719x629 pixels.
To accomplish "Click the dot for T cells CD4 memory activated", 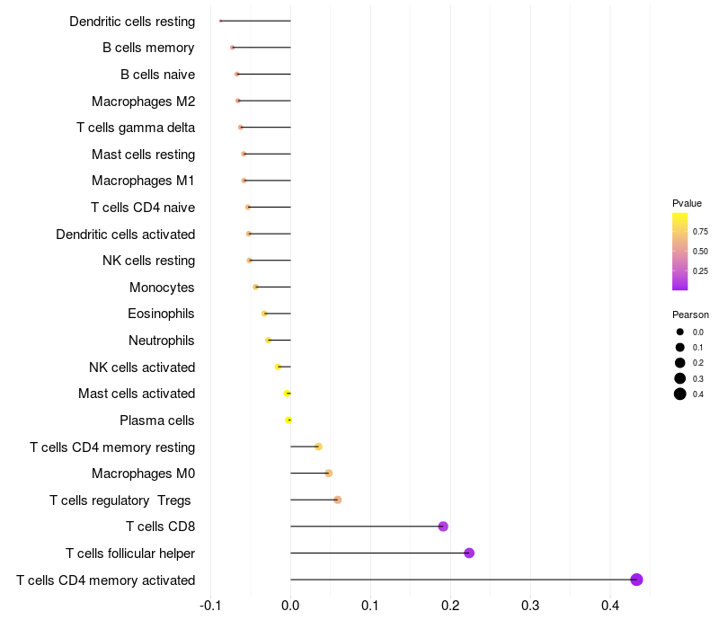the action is coord(636,580).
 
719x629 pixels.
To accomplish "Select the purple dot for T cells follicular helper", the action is coord(469,554).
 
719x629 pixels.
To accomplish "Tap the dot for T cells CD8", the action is coord(443,527).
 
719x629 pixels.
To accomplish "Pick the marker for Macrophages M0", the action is coord(328,474).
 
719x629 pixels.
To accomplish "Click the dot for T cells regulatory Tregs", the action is coord(338,500).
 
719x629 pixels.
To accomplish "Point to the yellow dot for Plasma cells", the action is coord(288,420).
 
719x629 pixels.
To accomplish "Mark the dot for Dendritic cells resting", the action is coord(220,21).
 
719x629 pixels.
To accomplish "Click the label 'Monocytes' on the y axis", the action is coord(162,288).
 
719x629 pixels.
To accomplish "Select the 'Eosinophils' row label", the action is coord(161,314).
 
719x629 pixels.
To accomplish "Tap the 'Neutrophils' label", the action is coord(162,341).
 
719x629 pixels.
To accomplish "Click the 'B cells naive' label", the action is coord(158,75).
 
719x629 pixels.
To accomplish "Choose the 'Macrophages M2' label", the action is coord(144,102).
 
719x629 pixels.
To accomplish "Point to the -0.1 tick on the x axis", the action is coord(210,606).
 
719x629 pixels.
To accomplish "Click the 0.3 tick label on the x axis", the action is coord(530,606).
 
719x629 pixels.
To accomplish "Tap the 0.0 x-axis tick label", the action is coord(290,606).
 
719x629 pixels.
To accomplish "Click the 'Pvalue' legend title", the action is coord(687,203).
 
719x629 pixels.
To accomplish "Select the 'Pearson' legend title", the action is coord(690,315).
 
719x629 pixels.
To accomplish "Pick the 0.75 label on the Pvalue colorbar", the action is coord(700,232).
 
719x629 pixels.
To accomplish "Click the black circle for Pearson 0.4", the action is coord(680,394).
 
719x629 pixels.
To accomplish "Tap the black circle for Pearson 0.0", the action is coord(680,332).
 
